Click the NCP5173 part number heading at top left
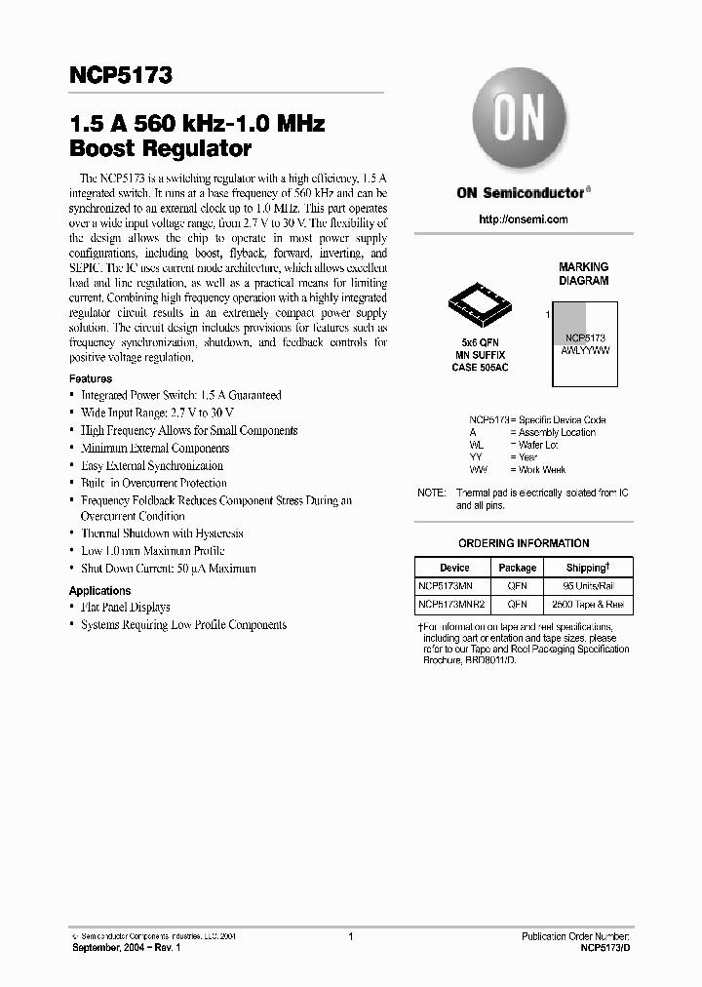pos(121,75)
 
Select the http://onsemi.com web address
pos(524,219)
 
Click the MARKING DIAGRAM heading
pos(583,273)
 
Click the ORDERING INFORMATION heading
pos(524,543)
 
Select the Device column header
pos(454,568)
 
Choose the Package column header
pos(518,568)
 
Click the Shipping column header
pos(588,568)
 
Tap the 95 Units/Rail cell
pos(588,586)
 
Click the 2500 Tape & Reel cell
pos(588,605)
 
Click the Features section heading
pos(91,378)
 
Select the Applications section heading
pos(99,590)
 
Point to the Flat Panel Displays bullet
pos(125,607)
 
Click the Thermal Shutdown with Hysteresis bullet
pos(162,533)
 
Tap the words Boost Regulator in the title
pos(160,149)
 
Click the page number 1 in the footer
pos(350,936)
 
